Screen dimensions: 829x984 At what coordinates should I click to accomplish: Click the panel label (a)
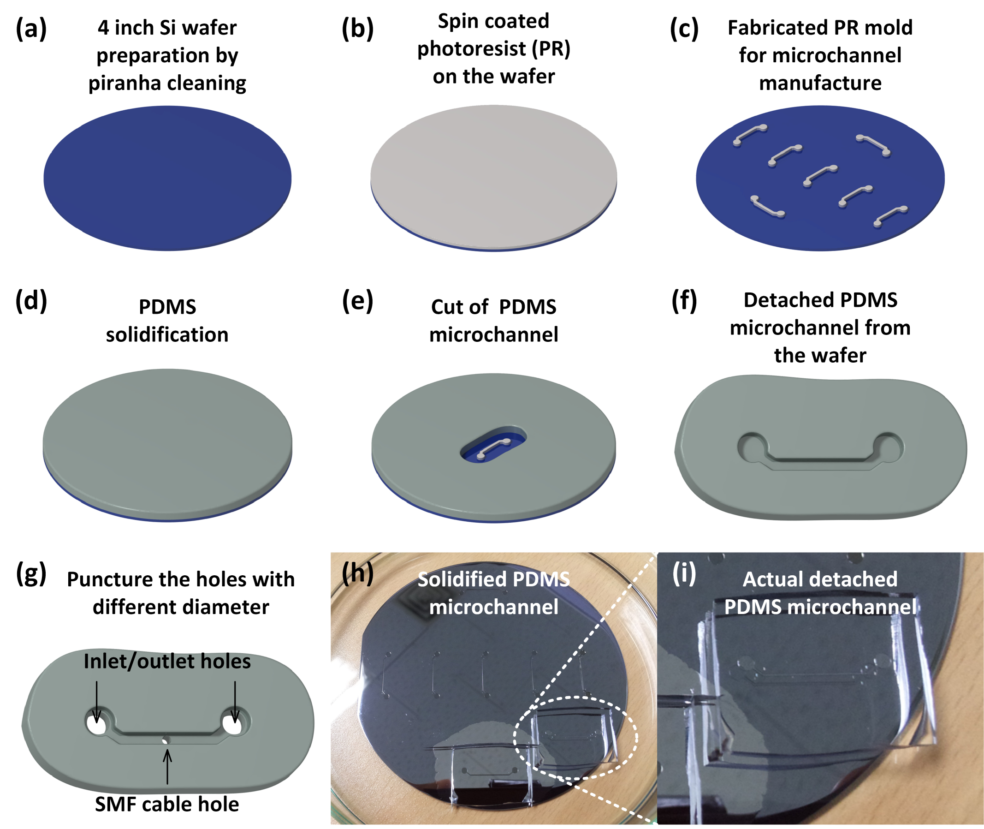pos(31,29)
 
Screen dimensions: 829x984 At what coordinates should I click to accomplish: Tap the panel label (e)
pos(357,301)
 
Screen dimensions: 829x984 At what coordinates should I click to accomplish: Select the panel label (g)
pos(31,574)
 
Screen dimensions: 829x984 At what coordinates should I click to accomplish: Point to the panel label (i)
pos(684,573)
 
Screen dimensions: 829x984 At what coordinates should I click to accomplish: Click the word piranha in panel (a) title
pos(124,83)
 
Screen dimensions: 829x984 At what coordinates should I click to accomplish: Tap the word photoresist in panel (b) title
pos(472,49)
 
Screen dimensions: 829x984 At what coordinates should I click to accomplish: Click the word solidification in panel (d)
pos(167,334)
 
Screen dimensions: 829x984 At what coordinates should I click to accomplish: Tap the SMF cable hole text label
pos(167,804)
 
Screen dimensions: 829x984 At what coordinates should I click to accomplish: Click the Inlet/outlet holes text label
pos(167,661)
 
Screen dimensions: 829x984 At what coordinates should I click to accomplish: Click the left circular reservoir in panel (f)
pos(753,447)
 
